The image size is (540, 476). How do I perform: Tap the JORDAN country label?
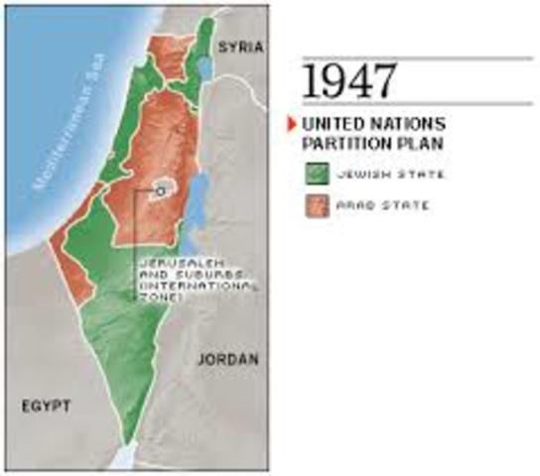(x=228, y=358)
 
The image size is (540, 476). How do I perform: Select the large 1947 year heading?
(x=344, y=82)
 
